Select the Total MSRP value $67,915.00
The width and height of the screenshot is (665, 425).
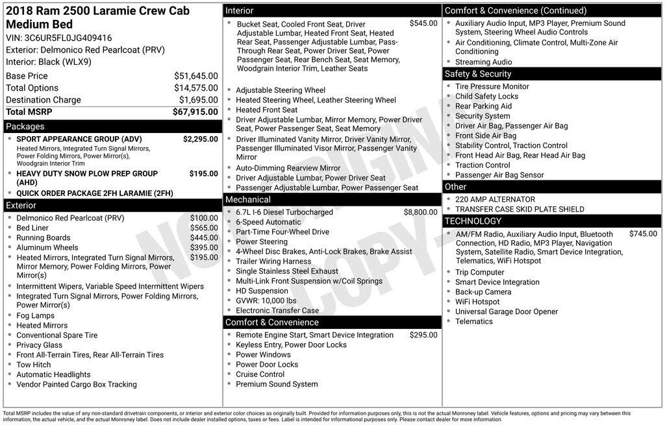(195, 112)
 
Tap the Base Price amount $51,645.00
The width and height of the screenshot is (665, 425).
(195, 76)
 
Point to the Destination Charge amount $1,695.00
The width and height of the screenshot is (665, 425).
(198, 100)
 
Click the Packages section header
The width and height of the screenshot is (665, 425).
(25, 127)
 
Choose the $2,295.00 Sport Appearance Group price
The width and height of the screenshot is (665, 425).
(200, 139)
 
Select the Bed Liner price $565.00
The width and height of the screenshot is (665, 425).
(204, 228)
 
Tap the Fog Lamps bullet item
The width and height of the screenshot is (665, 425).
(35, 316)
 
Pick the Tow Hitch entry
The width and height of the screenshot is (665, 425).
(33, 365)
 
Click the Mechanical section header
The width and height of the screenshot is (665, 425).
(248, 200)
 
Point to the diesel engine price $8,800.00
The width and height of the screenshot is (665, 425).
(420, 212)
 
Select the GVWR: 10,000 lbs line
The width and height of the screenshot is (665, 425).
(266, 300)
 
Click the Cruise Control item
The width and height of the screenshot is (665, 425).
(260, 374)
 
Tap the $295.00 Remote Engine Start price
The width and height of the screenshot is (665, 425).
(423, 335)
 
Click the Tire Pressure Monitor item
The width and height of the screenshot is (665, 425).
(492, 86)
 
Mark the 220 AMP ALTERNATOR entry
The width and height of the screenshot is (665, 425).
(495, 199)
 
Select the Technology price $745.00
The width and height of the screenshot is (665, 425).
(643, 234)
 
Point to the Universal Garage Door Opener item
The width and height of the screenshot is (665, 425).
(507, 311)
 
